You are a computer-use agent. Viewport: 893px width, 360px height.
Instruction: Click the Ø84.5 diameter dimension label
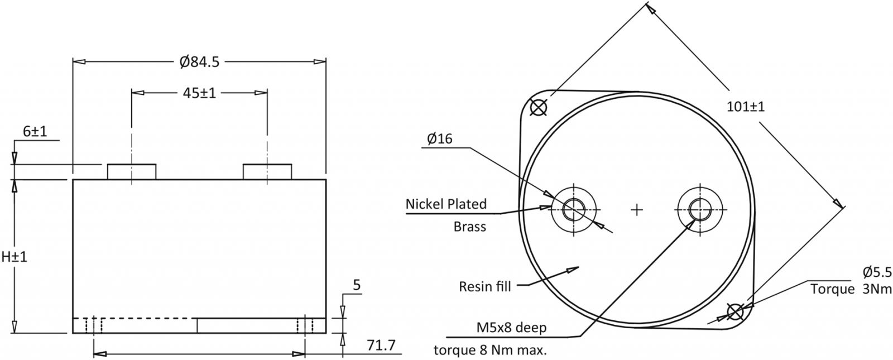pyautogui.click(x=199, y=62)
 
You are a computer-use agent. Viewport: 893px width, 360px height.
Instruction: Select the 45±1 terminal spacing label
pyautogui.click(x=199, y=93)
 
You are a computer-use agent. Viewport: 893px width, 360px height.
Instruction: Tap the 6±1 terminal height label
pyautogui.click(x=35, y=131)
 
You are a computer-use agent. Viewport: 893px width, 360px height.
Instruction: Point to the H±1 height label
pyautogui.click(x=14, y=257)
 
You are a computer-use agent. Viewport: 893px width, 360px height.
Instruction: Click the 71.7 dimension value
pyautogui.click(x=381, y=345)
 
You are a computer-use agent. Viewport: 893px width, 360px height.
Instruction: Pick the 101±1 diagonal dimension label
pyautogui.click(x=746, y=107)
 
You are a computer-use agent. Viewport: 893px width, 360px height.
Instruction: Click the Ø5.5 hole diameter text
pyautogui.click(x=877, y=272)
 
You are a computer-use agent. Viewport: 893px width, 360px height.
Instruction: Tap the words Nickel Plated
pyautogui.click(x=446, y=204)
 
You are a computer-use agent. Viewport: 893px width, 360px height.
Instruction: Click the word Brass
pyautogui.click(x=469, y=227)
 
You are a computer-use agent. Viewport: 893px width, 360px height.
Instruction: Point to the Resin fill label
pyautogui.click(x=485, y=286)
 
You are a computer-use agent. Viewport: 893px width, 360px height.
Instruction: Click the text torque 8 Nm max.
pyautogui.click(x=491, y=351)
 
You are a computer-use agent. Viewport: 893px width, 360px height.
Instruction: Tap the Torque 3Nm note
pyautogui.click(x=851, y=289)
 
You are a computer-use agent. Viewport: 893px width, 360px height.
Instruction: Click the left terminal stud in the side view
pyautogui.click(x=132, y=171)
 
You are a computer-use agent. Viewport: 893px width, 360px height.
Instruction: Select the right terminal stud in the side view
pyautogui.click(x=267, y=171)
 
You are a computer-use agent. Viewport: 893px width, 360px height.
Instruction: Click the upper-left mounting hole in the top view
pyautogui.click(x=538, y=107)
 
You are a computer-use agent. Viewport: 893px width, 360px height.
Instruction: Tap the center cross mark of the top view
pyautogui.click(x=637, y=210)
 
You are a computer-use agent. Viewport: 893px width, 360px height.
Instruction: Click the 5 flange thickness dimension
pyautogui.click(x=357, y=286)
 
